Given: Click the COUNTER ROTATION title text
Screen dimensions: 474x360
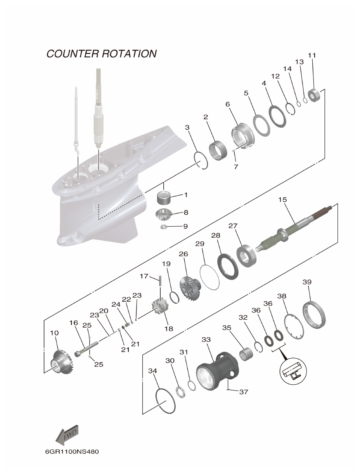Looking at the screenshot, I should [101, 54].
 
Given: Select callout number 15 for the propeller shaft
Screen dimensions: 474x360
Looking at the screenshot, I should [282, 200].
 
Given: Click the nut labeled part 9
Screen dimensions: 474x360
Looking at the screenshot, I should [164, 226].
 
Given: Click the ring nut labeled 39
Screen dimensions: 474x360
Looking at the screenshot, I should [314, 314].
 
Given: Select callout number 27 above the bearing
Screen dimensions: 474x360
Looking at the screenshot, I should [244, 226].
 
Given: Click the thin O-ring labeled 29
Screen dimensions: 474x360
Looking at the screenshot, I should [209, 277].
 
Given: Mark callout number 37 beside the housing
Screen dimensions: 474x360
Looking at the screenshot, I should [243, 392].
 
